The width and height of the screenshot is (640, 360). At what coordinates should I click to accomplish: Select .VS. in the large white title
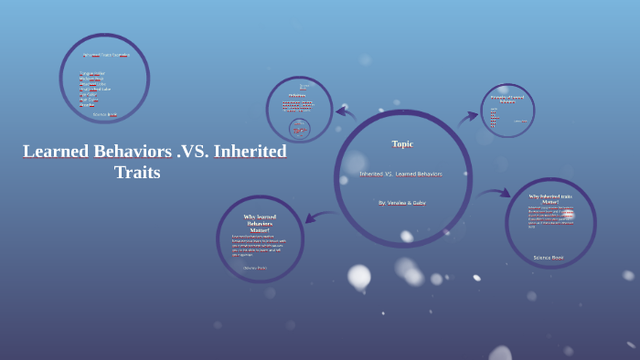(193, 151)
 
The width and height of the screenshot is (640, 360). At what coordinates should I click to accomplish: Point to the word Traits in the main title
(137, 173)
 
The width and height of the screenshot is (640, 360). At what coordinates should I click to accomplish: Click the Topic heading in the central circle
(402, 143)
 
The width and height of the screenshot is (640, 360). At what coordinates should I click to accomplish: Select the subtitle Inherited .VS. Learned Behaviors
(400, 174)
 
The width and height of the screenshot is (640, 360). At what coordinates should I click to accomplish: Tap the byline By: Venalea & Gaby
(401, 203)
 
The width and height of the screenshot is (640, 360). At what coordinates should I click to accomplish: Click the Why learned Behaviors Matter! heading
(260, 223)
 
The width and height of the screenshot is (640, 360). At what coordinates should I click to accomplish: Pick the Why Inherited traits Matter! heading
(549, 198)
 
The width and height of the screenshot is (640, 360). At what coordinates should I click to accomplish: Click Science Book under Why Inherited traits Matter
(549, 258)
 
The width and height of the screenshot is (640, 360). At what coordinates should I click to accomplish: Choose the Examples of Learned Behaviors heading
(507, 99)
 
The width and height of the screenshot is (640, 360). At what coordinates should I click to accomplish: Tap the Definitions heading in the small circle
(297, 95)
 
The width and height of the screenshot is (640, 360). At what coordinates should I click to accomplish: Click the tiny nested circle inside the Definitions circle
(299, 129)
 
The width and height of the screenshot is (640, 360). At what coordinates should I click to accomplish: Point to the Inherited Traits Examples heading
(105, 55)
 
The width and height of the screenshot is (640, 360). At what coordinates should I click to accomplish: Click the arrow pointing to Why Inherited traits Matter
(494, 194)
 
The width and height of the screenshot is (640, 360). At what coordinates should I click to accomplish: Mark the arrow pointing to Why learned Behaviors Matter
(318, 217)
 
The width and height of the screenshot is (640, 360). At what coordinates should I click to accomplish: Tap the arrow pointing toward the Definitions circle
(346, 113)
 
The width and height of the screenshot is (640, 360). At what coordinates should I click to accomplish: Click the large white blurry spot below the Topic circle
(359, 275)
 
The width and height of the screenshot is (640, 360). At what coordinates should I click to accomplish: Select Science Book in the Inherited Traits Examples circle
(105, 114)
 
